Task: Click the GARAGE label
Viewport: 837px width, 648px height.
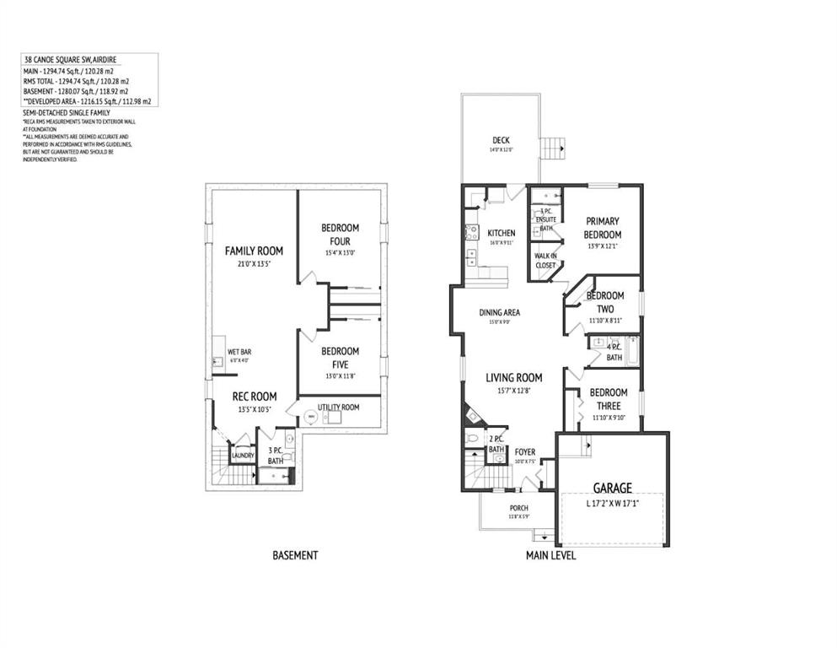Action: coord(612,488)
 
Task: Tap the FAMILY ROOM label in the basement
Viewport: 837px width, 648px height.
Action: coord(254,251)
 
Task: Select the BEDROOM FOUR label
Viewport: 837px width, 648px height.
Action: coord(340,234)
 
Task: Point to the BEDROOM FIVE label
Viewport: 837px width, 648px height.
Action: coord(340,358)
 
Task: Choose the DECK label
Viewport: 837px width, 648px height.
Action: coord(501,140)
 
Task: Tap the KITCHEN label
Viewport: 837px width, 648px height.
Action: coord(501,233)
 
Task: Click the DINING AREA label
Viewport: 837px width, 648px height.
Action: coord(500,312)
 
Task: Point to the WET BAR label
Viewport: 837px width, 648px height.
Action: coord(239,351)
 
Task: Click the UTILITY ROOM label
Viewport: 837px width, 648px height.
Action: coord(339,408)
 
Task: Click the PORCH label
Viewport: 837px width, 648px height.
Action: coord(518,508)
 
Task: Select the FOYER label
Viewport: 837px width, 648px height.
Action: coord(524,452)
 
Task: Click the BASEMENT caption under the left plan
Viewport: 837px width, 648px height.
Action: coord(295,555)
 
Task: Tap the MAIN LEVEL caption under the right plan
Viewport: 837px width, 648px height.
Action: coord(550,555)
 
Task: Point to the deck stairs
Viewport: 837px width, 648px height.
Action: coord(553,148)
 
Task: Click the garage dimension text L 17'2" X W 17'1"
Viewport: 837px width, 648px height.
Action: coord(612,504)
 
